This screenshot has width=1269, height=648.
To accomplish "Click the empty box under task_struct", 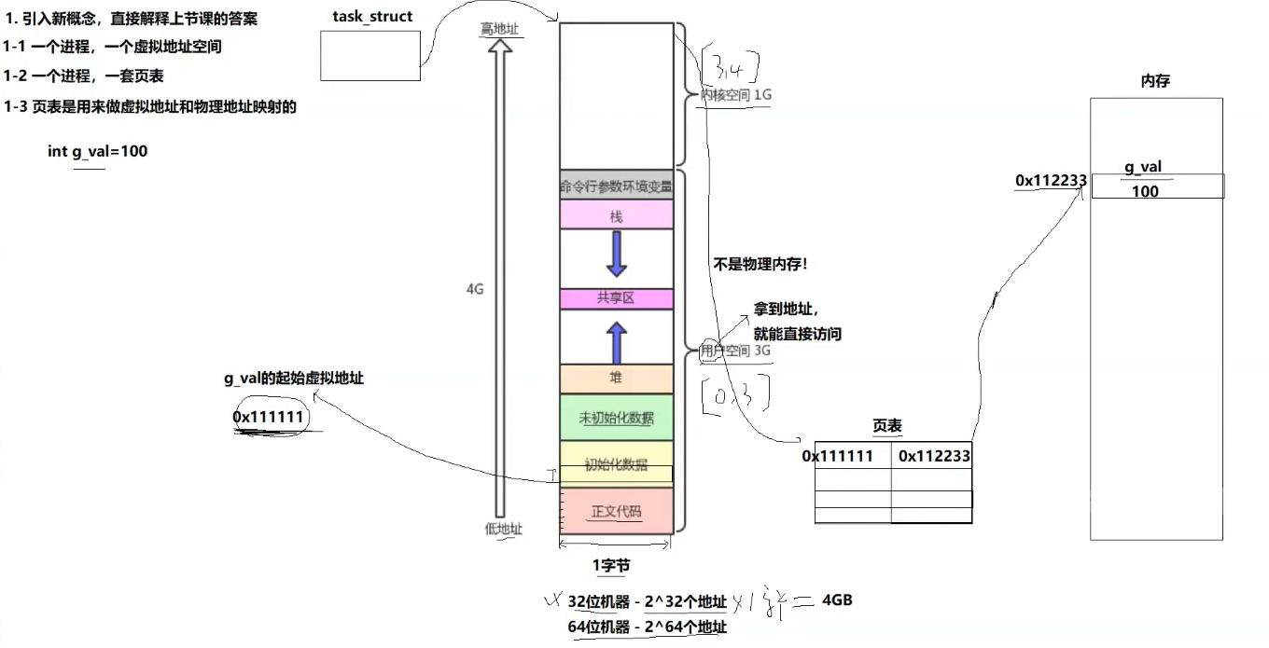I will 370,55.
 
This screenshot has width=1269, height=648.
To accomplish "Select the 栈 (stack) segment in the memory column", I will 616,215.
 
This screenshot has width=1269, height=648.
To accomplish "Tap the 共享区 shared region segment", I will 616,298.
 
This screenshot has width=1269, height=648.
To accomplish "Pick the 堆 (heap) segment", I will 616,378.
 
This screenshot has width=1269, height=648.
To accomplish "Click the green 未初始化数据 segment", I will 616,418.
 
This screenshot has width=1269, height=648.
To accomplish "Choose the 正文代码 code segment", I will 616,511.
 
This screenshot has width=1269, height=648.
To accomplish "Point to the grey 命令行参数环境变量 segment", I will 616,186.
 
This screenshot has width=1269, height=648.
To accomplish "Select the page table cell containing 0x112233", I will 933,456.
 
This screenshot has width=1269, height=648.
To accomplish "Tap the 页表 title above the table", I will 887,426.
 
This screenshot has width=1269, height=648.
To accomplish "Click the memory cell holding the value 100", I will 1157,191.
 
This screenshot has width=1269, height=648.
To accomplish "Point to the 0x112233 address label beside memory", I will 1051,181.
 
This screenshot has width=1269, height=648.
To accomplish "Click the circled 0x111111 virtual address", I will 269,418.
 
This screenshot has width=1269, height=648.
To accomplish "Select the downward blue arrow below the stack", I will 616,254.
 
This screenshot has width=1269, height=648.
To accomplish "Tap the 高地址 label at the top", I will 499,29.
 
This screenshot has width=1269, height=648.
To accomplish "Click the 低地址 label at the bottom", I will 503,529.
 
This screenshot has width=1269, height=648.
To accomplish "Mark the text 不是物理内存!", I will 760,265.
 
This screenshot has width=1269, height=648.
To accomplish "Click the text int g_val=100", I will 97,151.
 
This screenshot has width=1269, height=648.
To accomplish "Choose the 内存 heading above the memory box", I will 1155,81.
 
